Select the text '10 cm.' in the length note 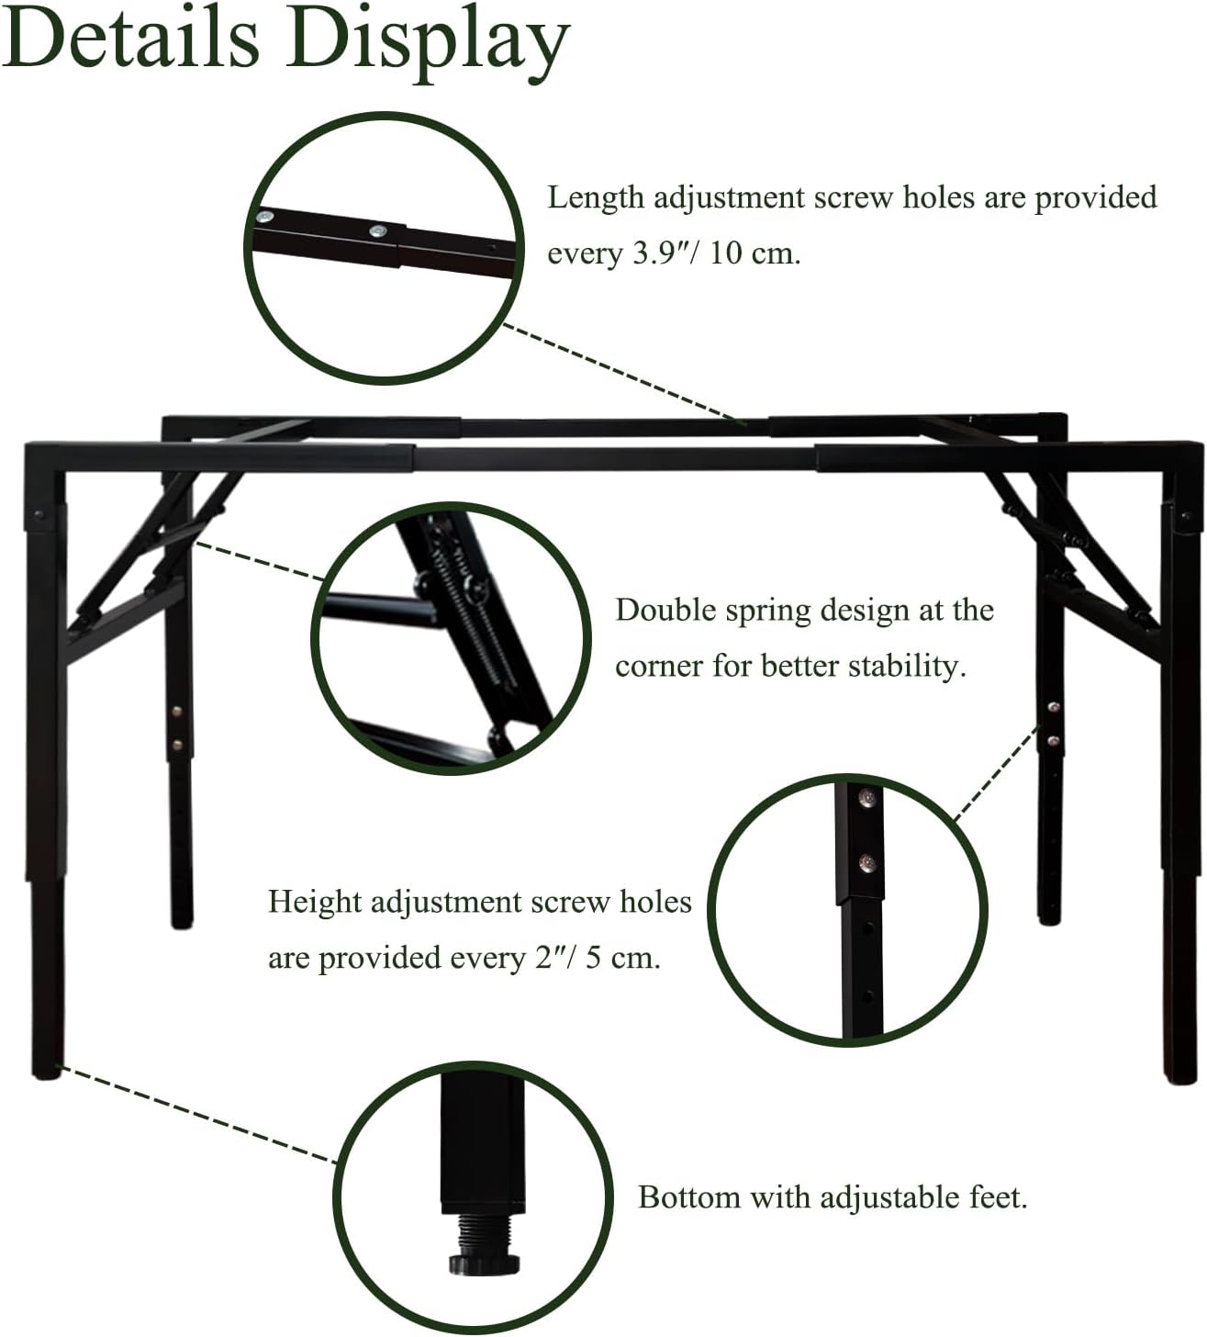click(755, 253)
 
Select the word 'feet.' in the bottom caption click(999, 1197)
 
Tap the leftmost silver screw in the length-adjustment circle click(267, 218)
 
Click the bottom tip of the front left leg click(48, 1074)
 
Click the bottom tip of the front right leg click(1179, 1079)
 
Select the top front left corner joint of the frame click(45, 457)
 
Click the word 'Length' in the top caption click(595, 198)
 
